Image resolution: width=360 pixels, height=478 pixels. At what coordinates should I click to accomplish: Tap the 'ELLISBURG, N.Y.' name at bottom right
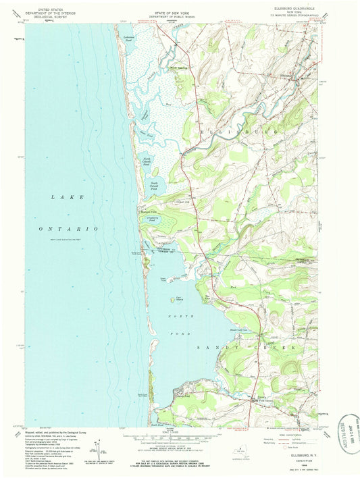point(297,457)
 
